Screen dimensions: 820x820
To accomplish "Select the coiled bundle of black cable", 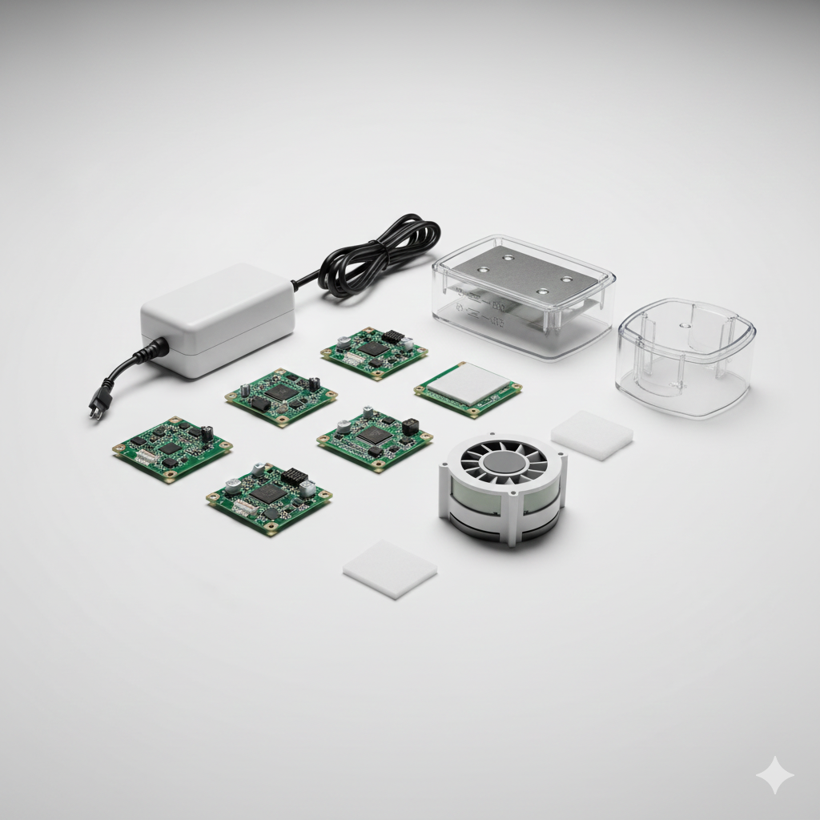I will tap(376, 255).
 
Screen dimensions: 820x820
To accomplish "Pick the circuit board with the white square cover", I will tap(468, 388).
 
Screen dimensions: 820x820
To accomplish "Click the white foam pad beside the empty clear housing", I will tap(592, 435).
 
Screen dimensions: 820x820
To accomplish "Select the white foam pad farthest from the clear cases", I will tap(390, 568).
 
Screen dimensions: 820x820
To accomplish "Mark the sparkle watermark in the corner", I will tap(775, 775).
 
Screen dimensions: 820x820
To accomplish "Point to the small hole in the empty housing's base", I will tap(681, 326).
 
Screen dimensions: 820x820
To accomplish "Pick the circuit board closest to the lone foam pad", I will tap(269, 496).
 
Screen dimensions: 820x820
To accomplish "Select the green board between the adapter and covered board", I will tap(374, 352).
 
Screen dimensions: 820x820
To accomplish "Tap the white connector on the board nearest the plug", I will tap(146, 456).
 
